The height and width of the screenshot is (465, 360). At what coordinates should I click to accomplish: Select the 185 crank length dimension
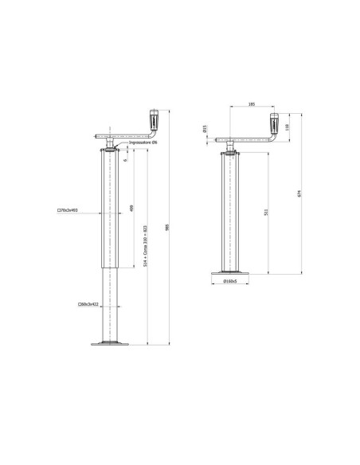coord(252,105)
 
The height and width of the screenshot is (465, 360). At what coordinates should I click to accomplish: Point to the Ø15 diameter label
coord(205,129)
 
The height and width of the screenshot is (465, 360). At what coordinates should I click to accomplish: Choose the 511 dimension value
coord(266,213)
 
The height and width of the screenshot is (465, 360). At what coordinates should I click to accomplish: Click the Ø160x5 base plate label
coord(233,281)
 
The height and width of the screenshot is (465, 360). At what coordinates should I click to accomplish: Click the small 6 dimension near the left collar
coord(126,159)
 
